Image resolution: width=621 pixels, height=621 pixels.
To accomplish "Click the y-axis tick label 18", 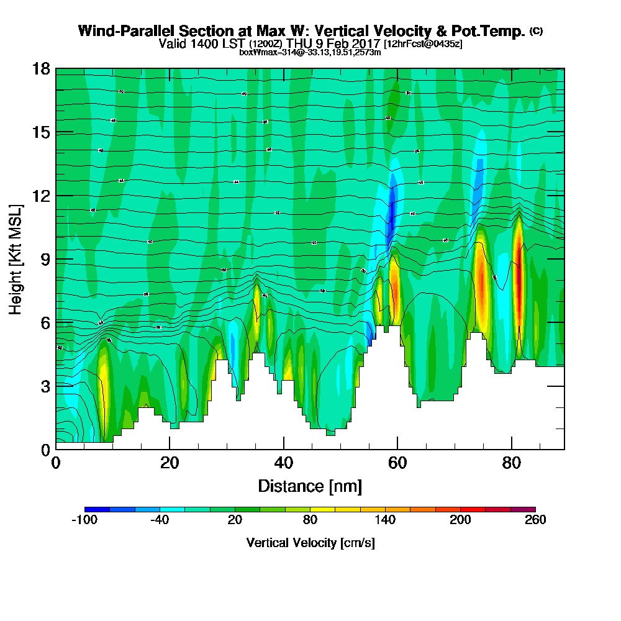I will (x=40, y=68).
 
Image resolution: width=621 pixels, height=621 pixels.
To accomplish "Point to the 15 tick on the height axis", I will (x=40, y=132).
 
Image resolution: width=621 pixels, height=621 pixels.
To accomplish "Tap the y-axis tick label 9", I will (x=45, y=259).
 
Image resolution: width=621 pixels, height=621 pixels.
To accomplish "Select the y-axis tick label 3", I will (x=45, y=386).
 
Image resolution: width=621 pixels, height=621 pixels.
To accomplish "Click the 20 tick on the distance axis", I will (x=170, y=463).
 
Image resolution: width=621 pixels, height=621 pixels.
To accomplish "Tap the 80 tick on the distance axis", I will (x=511, y=463).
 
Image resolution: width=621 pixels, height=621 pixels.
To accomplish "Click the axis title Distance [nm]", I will (x=310, y=486).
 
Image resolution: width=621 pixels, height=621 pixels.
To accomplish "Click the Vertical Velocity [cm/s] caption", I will (x=310, y=543).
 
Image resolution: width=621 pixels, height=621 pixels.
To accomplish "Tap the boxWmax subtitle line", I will (x=310, y=52).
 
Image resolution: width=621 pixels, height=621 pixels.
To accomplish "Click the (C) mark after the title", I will (x=536, y=31).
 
